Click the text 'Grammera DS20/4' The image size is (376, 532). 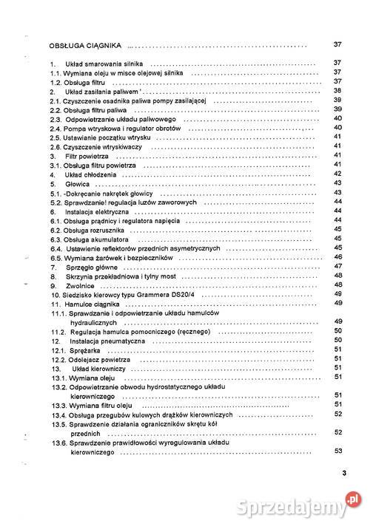pyautogui.click(x=163, y=294)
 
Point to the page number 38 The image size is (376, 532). pyautogui.click(x=337, y=90)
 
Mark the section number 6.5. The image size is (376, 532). pyautogui.click(x=55, y=257)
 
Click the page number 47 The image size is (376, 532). pyautogui.click(x=337, y=266)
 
